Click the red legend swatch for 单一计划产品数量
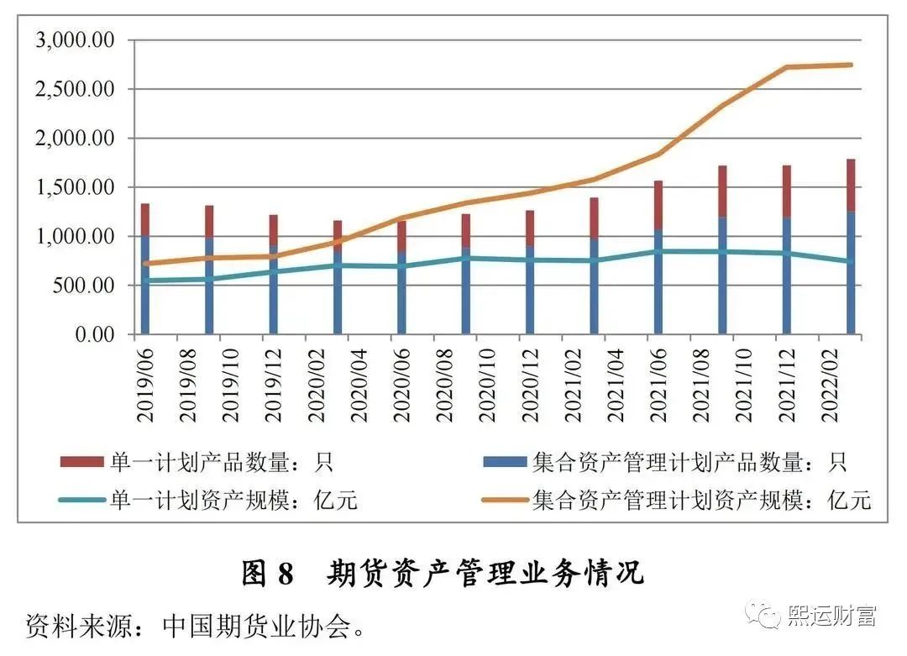point(81,462)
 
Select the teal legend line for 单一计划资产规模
point(81,501)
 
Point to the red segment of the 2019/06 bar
point(145,219)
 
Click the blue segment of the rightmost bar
point(851,273)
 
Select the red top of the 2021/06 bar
point(658,204)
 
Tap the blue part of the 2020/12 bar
point(530,290)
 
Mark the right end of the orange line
point(851,65)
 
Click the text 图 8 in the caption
point(268,573)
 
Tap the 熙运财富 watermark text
point(831,616)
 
